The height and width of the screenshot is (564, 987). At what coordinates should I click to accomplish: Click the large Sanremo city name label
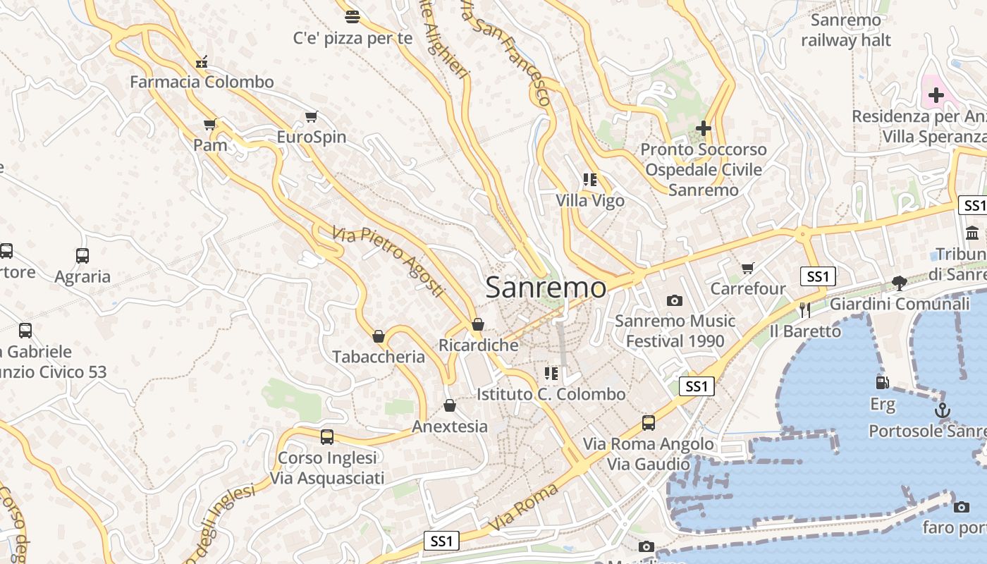coord(545,288)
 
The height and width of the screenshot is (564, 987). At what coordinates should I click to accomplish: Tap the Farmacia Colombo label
coord(202,82)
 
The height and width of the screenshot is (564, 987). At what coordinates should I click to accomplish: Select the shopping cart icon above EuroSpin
coord(311,116)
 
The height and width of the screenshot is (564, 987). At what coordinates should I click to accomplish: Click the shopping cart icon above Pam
coord(209,125)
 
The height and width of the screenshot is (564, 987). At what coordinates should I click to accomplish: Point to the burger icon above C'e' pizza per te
coord(352,16)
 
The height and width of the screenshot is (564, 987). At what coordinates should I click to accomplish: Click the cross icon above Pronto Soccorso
coord(703,128)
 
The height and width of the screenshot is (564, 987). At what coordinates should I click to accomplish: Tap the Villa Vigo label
coord(590,201)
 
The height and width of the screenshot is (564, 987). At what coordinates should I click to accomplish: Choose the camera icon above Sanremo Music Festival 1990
coord(675,301)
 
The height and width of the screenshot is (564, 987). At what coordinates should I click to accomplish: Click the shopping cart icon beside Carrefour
coord(747,268)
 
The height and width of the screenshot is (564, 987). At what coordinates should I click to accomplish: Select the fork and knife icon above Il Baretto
coord(805,309)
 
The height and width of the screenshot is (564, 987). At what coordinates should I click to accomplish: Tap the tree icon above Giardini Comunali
coord(899,283)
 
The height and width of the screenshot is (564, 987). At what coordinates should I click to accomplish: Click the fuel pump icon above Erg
coord(882,383)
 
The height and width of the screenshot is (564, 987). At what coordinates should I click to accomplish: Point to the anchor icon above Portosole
coord(943,410)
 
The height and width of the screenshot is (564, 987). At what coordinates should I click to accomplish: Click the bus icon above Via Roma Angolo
coord(649,423)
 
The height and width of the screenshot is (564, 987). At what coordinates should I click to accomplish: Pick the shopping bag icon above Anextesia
coord(450,406)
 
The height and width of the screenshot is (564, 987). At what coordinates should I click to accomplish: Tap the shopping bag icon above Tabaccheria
coord(379,336)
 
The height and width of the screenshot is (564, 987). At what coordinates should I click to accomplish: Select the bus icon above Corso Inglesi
coord(327,436)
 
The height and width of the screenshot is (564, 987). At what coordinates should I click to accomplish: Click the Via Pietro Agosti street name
coord(389,260)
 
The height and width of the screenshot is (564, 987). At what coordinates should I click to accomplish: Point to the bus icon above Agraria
coord(82,256)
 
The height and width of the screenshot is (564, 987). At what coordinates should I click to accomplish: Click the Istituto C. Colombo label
coord(551,394)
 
